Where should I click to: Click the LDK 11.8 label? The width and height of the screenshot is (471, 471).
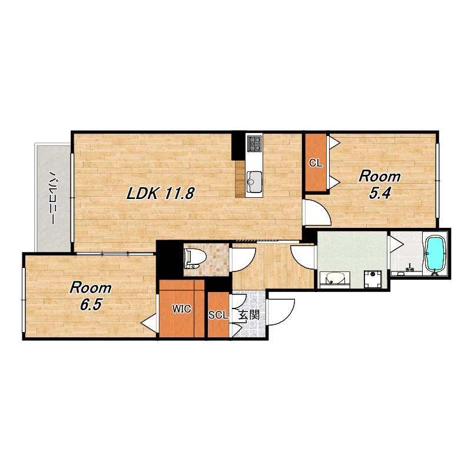(160, 194)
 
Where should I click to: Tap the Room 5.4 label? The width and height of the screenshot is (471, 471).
(379, 184)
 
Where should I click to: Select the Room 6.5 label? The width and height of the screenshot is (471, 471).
(91, 296)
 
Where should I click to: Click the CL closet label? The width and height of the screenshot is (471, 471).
(316, 163)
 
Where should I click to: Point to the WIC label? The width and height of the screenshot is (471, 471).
(181, 309)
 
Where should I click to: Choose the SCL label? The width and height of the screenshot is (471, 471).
(218, 315)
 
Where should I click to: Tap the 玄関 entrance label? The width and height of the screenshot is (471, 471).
(248, 315)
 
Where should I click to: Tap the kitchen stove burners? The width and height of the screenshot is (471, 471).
(254, 144)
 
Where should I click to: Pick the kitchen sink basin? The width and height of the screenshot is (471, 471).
(254, 182)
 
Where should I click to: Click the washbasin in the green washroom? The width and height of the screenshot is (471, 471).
(334, 279)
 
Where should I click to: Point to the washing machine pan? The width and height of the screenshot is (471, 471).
(373, 279)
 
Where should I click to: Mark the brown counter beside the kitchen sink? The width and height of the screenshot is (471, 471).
(240, 178)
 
